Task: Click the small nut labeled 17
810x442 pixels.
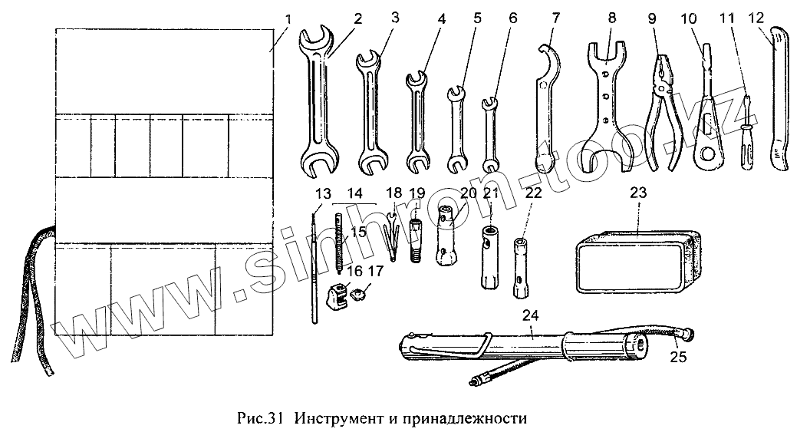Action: point(357,292)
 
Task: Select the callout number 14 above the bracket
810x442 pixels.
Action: point(354,192)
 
